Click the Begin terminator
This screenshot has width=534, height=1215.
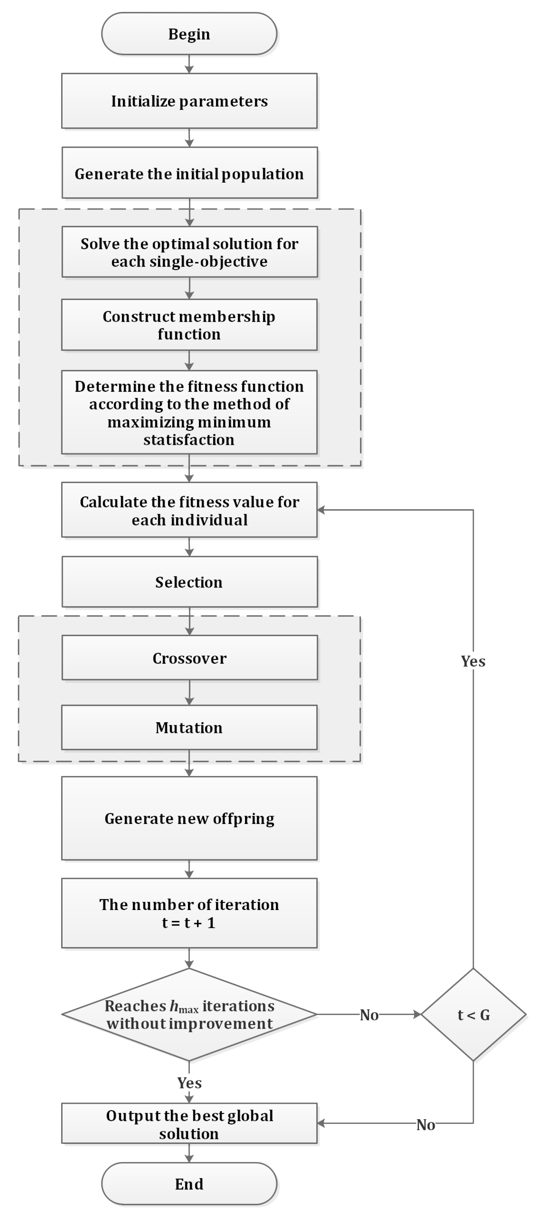click(x=189, y=34)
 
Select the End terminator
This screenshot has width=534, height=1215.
click(x=189, y=1184)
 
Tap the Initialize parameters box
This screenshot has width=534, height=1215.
click(x=189, y=101)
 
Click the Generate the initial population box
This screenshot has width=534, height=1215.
click(x=189, y=173)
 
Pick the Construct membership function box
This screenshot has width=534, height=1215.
click(x=189, y=325)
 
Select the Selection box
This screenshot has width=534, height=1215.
click(x=189, y=582)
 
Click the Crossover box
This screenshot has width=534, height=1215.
click(x=189, y=658)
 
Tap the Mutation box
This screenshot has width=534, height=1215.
click(x=189, y=727)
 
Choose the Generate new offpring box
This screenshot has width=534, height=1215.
click(x=189, y=818)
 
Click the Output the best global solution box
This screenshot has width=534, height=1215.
click(x=189, y=1124)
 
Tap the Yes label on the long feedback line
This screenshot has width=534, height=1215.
click(x=473, y=661)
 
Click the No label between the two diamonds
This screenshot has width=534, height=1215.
click(x=369, y=1015)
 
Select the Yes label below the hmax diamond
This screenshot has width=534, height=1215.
click(x=189, y=1083)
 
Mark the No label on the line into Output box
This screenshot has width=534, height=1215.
click(x=426, y=1125)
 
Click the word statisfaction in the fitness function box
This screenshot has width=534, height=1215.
click(x=189, y=440)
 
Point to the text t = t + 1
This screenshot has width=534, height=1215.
click(x=189, y=923)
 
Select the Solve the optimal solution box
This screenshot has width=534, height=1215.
click(x=189, y=252)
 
